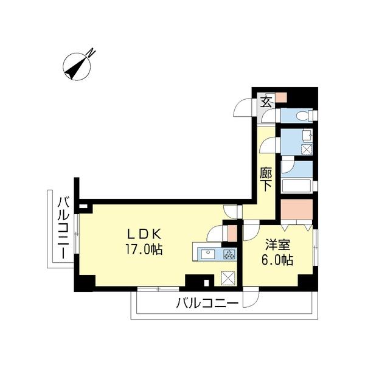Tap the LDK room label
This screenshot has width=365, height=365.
144,234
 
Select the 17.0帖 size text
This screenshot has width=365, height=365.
144,249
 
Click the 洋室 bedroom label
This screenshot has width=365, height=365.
277,245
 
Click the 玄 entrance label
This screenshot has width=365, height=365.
266,101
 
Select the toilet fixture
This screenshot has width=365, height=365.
302,116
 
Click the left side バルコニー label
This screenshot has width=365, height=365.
62,229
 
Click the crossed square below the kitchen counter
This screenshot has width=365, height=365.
228,277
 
